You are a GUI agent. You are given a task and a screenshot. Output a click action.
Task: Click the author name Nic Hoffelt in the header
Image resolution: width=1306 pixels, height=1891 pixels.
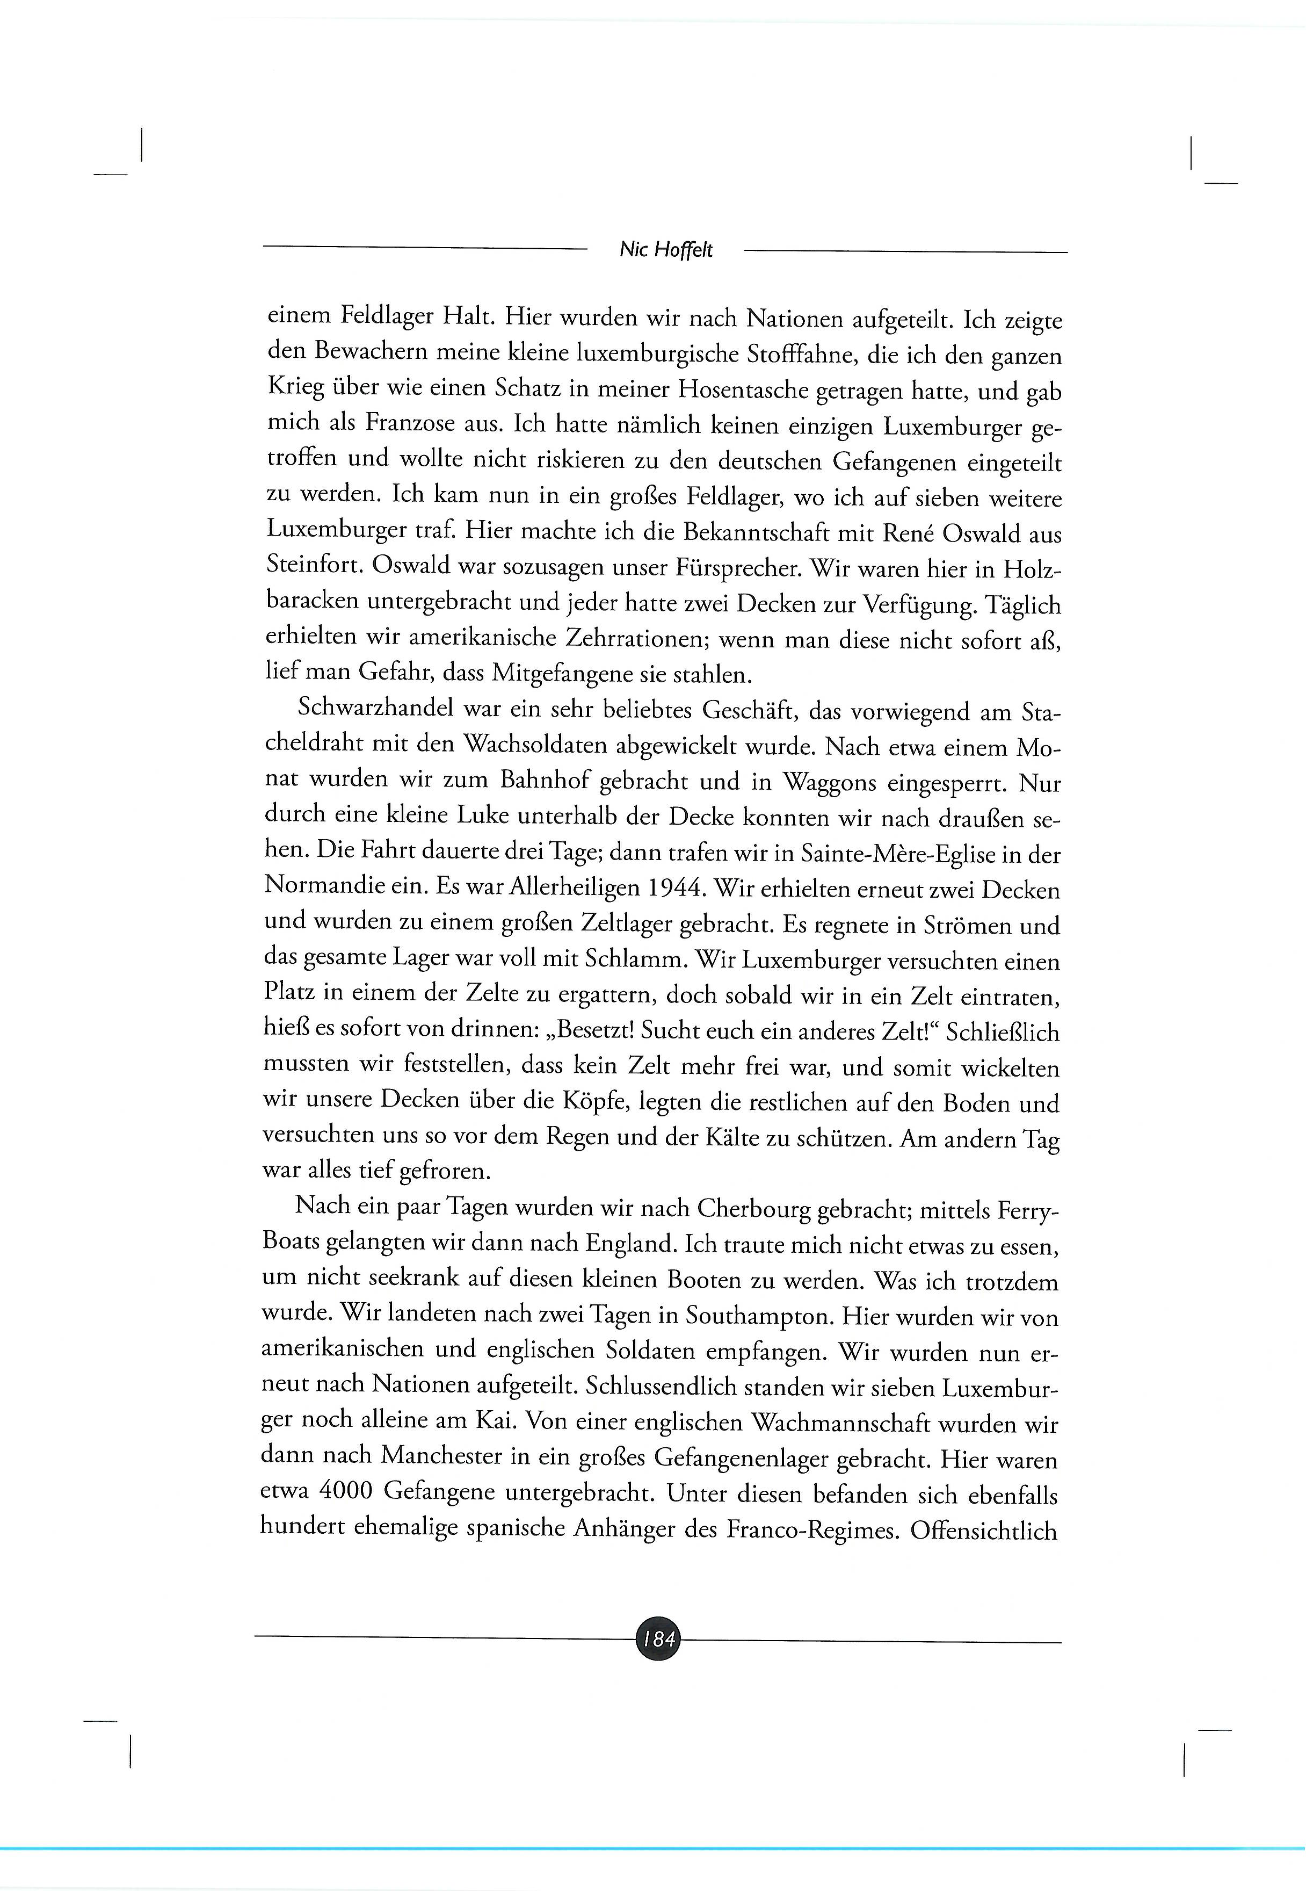click(666, 250)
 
